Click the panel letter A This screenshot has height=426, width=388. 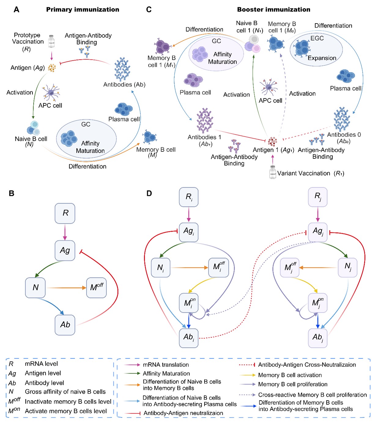[17, 9]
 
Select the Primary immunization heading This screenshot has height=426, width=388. [83, 9]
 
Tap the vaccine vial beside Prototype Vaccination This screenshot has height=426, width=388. [51, 41]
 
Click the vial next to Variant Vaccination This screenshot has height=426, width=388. [272, 172]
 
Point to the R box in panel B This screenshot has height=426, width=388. [65, 213]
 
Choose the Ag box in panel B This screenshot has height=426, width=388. [65, 250]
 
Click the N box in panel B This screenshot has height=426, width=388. [35, 287]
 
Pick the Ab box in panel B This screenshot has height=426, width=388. [65, 325]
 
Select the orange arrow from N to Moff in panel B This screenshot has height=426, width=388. [66, 288]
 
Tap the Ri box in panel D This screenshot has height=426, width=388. [189, 197]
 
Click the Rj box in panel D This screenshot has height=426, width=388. [318, 197]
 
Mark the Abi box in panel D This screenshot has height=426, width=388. [189, 338]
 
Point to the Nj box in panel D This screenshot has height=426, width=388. [347, 267]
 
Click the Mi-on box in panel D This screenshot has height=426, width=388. [189, 303]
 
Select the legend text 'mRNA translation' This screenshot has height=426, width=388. [166, 365]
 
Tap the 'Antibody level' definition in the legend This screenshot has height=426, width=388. [44, 383]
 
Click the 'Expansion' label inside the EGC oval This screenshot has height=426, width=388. [322, 58]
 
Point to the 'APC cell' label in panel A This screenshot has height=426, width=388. [50, 106]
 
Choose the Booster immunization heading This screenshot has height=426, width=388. [274, 9]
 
